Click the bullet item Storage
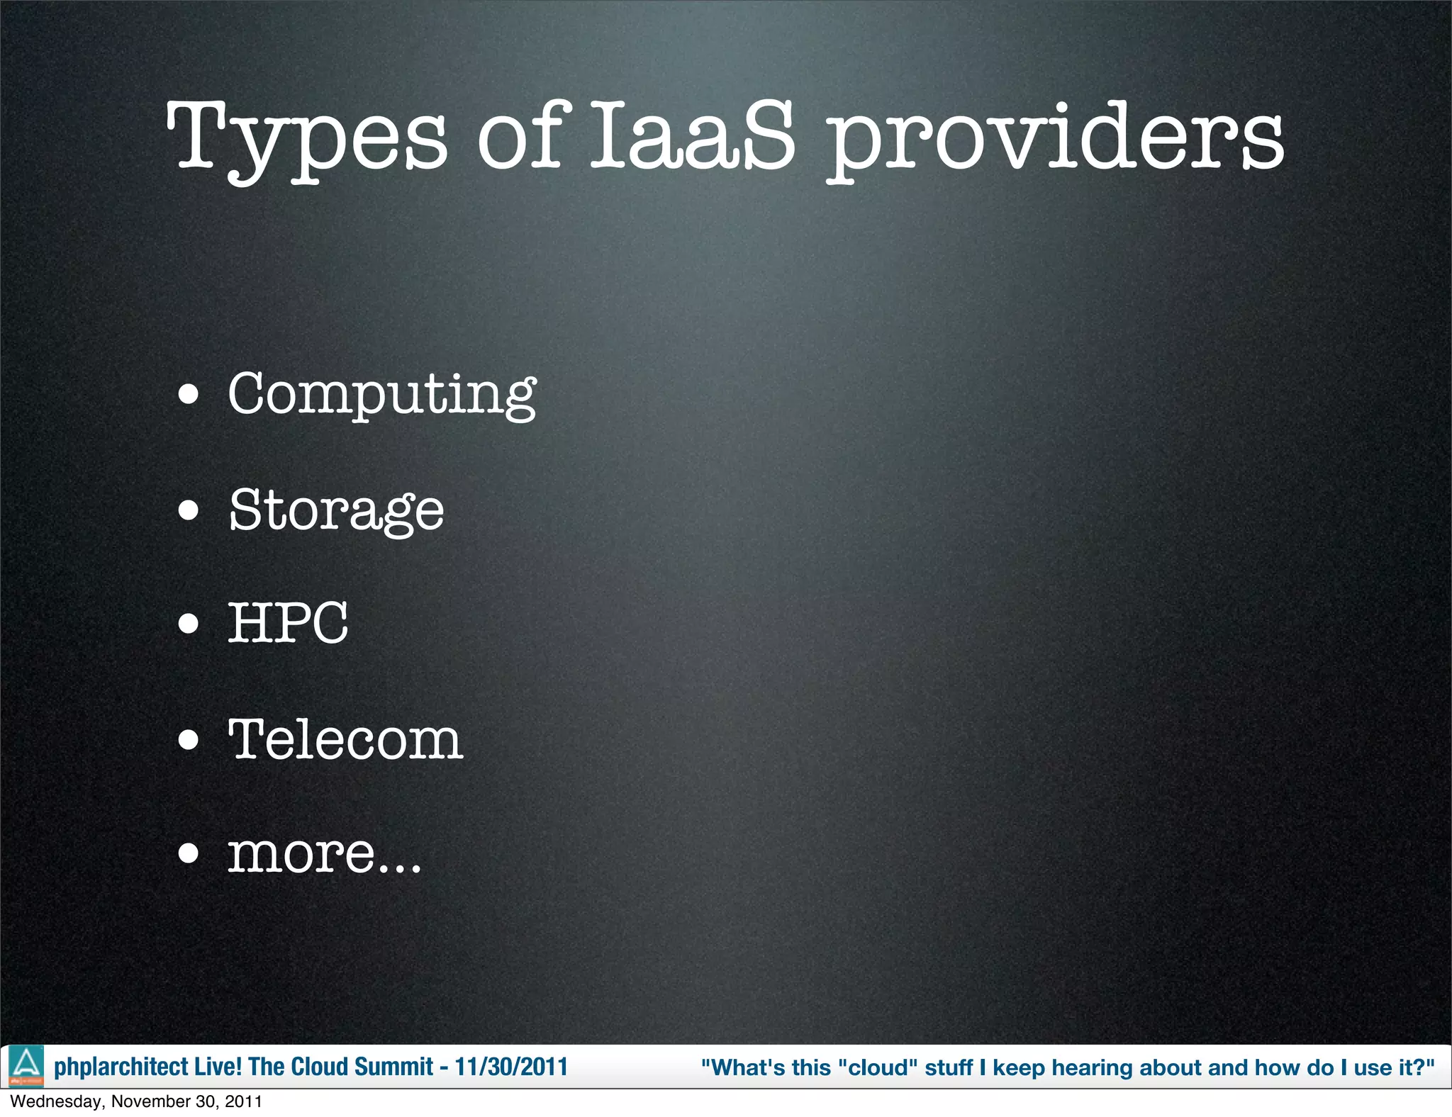[336, 510]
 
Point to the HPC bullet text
[288, 623]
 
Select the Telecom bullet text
[345, 739]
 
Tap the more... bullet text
[324, 853]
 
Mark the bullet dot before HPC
[189, 624]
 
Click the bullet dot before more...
[189, 854]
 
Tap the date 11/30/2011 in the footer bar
[511, 1067]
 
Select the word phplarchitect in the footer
[121, 1067]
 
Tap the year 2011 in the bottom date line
[245, 1101]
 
